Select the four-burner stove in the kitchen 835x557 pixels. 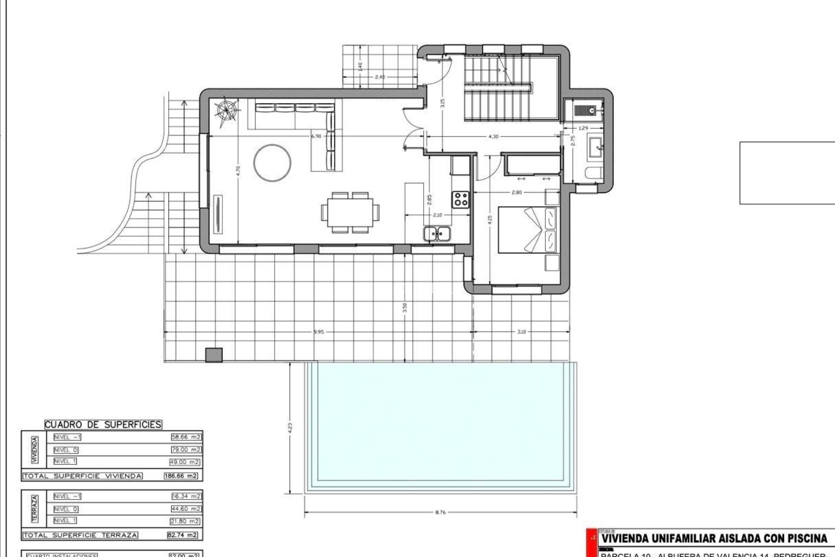click(x=461, y=199)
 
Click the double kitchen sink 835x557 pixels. click(x=437, y=234)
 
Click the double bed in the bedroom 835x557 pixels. click(x=527, y=230)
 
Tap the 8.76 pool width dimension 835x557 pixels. click(x=440, y=512)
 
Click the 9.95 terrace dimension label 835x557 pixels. click(x=319, y=332)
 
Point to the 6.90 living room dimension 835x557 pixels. click(x=316, y=136)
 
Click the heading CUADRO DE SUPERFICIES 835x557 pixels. click(x=103, y=424)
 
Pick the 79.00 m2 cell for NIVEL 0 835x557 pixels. click(x=187, y=450)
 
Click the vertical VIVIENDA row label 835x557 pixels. click(x=35, y=450)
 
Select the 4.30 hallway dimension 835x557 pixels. click(x=493, y=136)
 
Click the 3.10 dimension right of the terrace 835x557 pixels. click(x=521, y=332)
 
